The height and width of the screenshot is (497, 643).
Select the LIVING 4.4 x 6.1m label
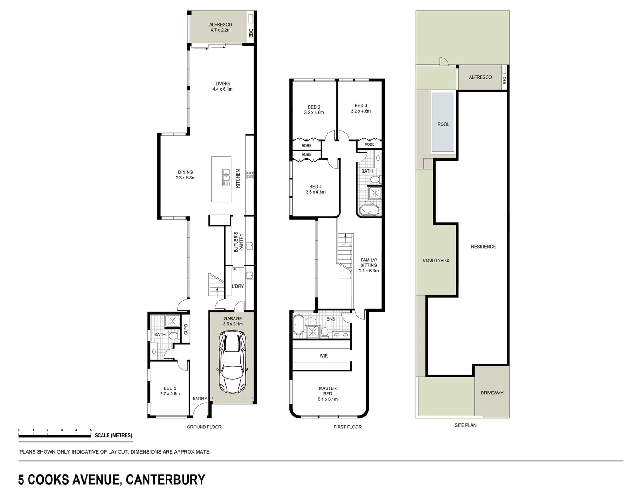pos(222,87)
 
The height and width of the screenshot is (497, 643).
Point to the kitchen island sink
pos(226,178)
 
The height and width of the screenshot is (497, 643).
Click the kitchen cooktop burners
pos(250,174)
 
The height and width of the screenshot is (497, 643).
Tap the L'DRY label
pos(238,286)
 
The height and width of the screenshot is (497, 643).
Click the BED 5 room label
pos(170,391)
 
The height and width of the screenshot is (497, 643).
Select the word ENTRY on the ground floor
pos(200,399)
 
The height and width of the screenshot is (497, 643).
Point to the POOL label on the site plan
pos(443,124)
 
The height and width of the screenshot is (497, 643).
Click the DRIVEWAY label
pos(492,393)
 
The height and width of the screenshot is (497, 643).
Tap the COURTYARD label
pos(436,260)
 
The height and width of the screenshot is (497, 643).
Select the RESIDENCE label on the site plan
pos(483,247)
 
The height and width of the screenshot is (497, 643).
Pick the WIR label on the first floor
pos(323,356)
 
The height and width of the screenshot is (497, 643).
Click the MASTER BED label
pos(327,393)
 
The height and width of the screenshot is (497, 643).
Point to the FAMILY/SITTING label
pos(368,265)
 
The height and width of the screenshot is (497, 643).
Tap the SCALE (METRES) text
pos(113,435)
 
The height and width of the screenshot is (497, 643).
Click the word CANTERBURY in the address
pos(166,480)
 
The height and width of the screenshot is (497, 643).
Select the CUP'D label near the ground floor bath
pos(186,329)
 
